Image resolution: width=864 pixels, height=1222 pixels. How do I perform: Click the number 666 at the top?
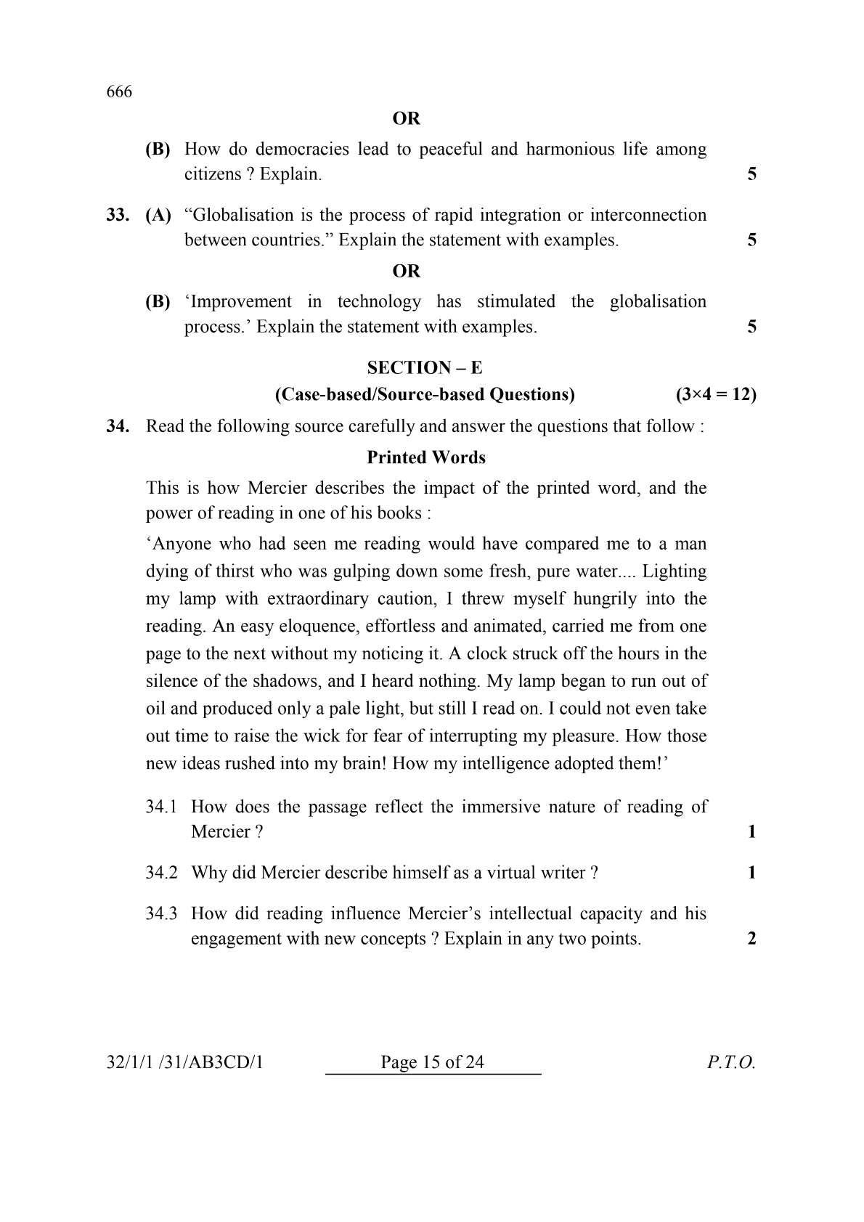(x=119, y=92)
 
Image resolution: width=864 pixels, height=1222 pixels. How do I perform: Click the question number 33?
(x=118, y=215)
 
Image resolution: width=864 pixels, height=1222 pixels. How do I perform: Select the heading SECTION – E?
(x=424, y=367)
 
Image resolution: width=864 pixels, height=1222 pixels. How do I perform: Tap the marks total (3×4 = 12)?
(x=715, y=394)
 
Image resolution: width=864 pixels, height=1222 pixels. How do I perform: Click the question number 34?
(x=118, y=426)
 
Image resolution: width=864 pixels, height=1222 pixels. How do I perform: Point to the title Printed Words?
(x=426, y=457)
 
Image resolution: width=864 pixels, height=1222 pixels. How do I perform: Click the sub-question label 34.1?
(x=161, y=807)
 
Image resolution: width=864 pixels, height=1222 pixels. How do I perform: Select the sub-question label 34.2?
(x=161, y=873)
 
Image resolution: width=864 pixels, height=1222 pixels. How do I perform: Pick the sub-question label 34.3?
(x=161, y=913)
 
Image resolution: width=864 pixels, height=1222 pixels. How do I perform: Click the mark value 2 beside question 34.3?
(x=751, y=939)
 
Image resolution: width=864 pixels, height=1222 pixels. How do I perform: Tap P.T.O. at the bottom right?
(x=731, y=1063)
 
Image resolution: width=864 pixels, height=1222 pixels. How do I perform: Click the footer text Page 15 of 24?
(x=432, y=1063)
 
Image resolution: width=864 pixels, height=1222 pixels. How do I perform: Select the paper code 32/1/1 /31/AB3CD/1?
(x=184, y=1063)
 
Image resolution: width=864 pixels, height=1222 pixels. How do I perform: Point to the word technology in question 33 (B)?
(x=379, y=301)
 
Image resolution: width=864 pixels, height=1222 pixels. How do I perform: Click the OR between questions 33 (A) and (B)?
(x=406, y=271)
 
